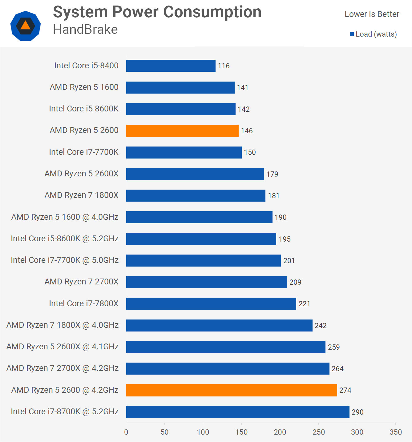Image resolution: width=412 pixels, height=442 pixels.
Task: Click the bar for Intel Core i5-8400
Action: (171, 66)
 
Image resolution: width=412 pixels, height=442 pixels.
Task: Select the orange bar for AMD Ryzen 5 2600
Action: (182, 131)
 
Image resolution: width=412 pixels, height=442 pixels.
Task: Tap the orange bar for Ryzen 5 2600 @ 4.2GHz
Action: (232, 390)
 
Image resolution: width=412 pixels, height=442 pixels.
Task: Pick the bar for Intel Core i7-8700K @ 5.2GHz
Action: (238, 412)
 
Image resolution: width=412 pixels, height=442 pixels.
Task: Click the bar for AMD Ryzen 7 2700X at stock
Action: (206, 282)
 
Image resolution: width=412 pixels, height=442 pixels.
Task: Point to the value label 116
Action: (224, 66)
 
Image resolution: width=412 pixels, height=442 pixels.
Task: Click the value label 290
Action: (357, 412)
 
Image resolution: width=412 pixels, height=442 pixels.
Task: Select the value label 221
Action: (304, 304)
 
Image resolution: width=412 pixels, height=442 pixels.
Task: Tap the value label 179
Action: (272, 174)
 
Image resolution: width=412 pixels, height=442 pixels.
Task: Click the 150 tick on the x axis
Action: (241, 432)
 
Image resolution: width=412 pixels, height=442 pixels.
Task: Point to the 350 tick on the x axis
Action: (395, 432)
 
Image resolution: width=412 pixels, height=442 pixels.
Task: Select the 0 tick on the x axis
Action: (126, 432)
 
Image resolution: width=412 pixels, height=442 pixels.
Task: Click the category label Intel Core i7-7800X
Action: (84, 303)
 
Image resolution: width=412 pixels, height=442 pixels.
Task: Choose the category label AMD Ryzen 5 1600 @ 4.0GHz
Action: (65, 217)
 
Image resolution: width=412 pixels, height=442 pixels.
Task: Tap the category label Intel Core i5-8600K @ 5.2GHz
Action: (65, 239)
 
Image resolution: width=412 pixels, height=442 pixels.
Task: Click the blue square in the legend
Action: (352, 34)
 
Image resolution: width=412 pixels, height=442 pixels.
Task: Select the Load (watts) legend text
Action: (376, 34)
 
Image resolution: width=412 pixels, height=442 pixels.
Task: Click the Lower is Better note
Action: (372, 14)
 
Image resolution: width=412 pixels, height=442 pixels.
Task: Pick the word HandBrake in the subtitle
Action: (85, 30)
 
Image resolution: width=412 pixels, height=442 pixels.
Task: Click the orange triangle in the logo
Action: (26, 25)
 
